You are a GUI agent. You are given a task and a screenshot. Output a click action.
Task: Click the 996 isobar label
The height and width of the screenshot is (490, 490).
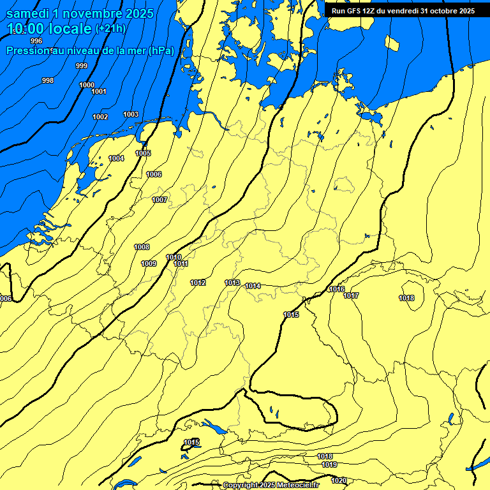[36, 41]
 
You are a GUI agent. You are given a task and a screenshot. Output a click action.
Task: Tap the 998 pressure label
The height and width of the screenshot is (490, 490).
[48, 80]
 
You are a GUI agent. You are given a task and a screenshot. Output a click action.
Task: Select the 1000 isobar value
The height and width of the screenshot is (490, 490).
[87, 85]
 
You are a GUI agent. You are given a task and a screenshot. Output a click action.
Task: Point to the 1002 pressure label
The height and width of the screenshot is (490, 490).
[100, 117]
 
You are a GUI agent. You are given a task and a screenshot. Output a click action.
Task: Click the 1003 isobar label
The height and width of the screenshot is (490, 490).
[131, 114]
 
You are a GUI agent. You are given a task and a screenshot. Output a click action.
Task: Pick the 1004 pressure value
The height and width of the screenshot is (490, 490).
[116, 158]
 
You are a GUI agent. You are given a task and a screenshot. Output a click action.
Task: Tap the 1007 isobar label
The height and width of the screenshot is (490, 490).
[160, 200]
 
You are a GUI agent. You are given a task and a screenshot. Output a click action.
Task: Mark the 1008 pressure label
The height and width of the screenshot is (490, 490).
[142, 247]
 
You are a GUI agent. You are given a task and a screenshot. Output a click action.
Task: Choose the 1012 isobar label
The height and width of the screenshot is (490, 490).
[198, 283]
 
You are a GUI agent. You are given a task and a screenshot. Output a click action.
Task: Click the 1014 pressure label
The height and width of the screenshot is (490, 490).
[253, 286]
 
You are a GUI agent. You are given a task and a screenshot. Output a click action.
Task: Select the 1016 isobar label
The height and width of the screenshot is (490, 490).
[336, 289]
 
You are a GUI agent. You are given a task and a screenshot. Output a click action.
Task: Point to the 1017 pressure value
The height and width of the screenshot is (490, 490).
[351, 295]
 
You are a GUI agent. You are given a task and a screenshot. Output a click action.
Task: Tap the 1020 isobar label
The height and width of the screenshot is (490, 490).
[339, 480]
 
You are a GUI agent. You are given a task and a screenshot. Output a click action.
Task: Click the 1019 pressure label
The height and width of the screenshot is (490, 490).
[329, 464]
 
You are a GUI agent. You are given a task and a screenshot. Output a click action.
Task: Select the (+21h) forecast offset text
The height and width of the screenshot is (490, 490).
[110, 29]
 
